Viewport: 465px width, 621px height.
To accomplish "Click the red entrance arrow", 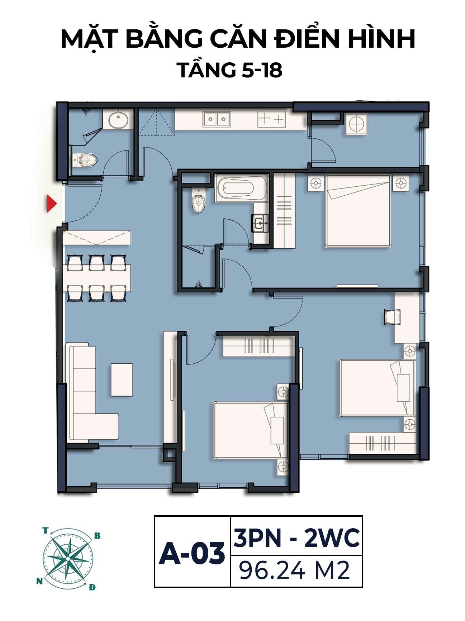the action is point(52,204).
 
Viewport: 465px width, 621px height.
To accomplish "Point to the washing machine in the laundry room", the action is point(357,124).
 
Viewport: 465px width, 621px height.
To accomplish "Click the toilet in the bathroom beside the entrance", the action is point(84,160).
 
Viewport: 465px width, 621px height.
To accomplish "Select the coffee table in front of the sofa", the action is point(122,379).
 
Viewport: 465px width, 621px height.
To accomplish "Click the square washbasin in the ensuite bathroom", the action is point(261,223).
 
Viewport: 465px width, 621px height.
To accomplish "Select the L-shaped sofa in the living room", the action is point(91,392).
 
